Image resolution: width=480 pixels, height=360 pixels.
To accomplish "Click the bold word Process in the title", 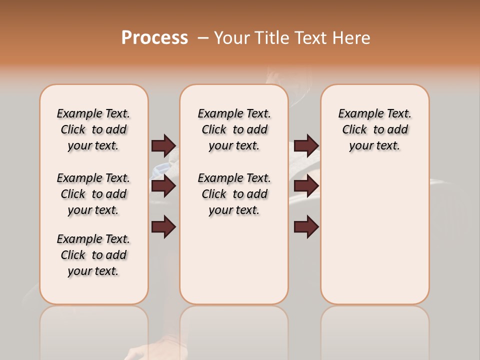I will [x=154, y=38].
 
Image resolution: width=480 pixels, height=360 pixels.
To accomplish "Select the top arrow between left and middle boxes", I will [x=163, y=145].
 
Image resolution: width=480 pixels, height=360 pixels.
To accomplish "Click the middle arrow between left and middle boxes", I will [x=163, y=186].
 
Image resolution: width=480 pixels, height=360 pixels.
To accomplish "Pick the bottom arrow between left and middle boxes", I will [x=163, y=227].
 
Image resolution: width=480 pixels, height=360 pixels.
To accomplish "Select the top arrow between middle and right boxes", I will [x=306, y=145].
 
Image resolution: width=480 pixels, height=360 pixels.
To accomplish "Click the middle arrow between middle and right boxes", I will [x=306, y=186].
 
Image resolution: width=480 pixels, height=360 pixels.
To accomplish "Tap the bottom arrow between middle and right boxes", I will [x=306, y=227].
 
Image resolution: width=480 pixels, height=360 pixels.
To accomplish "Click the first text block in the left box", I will [x=93, y=129].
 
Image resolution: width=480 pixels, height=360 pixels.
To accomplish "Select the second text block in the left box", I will [x=93, y=194].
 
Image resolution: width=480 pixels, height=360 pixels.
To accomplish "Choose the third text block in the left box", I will [x=93, y=255].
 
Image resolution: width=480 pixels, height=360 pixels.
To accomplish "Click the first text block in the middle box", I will [x=234, y=129].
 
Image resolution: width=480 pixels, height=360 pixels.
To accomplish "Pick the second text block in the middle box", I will [x=234, y=194].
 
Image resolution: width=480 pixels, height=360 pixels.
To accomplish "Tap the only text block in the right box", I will [x=374, y=129].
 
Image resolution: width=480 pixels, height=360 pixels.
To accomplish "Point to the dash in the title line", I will [x=203, y=38].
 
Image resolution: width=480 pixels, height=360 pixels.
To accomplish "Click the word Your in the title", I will [x=231, y=38].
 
